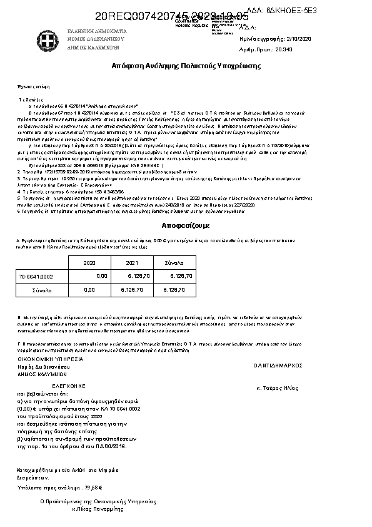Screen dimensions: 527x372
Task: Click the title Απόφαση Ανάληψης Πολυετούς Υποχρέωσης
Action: pyautogui.click(x=186, y=66)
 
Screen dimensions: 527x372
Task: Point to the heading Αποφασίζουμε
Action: pyautogui.click(x=186, y=224)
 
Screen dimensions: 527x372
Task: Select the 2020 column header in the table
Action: pyautogui.click(x=89, y=263)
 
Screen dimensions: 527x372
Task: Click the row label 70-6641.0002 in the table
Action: pyautogui.click(x=36, y=276)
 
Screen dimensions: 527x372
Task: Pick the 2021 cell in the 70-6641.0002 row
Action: pyautogui.click(x=138, y=276)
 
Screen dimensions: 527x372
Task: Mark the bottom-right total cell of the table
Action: pyautogui.click(x=173, y=290)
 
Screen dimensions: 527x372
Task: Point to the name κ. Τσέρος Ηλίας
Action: pyautogui.click(x=276, y=389)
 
